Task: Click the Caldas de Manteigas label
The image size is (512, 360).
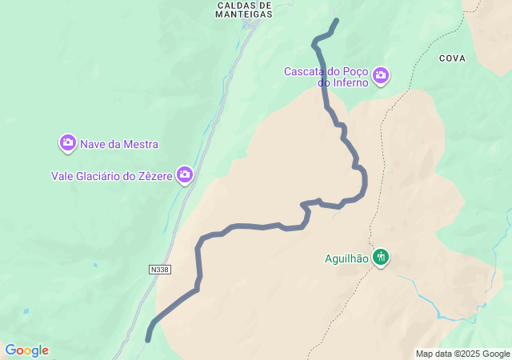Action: tap(244, 9)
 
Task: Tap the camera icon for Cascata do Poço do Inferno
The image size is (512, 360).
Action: tap(381, 76)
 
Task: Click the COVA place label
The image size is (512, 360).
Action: tap(452, 58)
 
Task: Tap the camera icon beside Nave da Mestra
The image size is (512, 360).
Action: tap(68, 143)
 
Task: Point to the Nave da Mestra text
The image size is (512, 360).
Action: tap(119, 145)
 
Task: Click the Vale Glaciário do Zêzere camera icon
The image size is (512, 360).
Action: tap(185, 174)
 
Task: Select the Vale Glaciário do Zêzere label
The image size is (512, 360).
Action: tap(112, 176)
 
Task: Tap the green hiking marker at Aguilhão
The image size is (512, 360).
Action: tap(381, 258)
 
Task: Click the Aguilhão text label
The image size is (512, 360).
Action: tap(346, 258)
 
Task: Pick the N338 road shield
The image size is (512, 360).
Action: tap(159, 270)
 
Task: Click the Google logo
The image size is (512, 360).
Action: tap(26, 350)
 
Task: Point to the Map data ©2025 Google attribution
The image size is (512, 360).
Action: tap(462, 354)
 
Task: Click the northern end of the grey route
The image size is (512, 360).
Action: tap(336, 20)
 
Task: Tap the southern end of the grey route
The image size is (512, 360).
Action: tap(148, 340)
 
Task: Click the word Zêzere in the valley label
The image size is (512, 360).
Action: tap(155, 176)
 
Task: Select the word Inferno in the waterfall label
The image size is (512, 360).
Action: tap(350, 82)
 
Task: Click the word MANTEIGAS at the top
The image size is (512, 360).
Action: tap(244, 14)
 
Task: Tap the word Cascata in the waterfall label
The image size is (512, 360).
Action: tap(302, 71)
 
